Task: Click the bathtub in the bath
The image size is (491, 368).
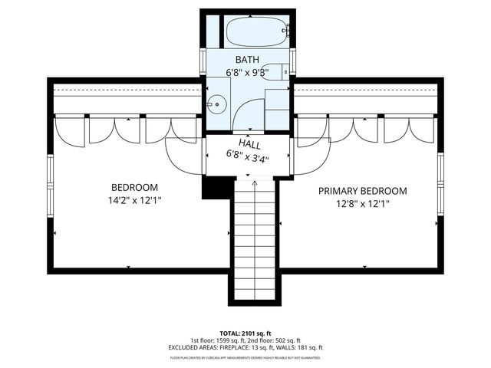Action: (255, 32)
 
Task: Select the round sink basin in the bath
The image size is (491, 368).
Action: (218, 102)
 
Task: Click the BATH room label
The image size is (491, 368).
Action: (247, 60)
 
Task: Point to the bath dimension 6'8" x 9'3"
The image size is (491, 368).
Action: (247, 72)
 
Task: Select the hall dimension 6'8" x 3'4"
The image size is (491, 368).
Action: (248, 153)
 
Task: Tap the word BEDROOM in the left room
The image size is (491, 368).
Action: (134, 188)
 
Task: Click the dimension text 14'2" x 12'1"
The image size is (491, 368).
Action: (134, 200)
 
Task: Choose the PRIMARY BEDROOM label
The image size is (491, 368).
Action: (363, 191)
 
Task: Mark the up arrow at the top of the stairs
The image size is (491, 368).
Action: (255, 184)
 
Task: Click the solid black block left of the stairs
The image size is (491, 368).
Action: (215, 186)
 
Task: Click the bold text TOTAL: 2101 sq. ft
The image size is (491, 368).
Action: (245, 333)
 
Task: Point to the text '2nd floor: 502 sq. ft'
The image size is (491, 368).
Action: (272, 340)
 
